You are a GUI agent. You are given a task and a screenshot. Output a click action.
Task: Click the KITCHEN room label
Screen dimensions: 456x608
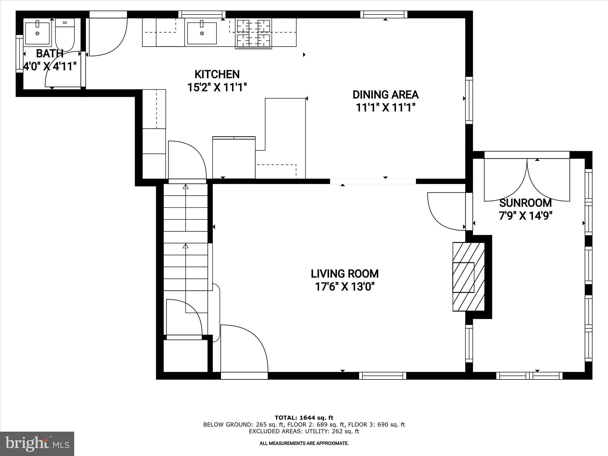(217, 74)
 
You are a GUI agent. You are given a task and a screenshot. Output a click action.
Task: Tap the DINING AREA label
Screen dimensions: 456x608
(385, 95)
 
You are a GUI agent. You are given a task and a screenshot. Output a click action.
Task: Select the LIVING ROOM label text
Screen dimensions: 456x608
(345, 274)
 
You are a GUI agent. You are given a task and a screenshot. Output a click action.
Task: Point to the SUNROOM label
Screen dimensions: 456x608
(525, 203)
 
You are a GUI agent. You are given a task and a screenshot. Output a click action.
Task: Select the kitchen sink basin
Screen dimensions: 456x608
(202, 33)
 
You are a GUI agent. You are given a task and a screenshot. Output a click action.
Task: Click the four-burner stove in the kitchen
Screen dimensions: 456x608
(254, 34)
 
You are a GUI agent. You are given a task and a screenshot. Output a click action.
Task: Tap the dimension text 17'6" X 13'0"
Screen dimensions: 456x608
(345, 287)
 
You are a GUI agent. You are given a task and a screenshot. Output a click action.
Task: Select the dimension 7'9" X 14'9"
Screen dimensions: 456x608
(525, 216)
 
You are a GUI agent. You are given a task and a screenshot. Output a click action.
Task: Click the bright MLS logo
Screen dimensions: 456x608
(37, 444)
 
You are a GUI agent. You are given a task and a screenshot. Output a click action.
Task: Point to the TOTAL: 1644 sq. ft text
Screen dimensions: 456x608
(304, 418)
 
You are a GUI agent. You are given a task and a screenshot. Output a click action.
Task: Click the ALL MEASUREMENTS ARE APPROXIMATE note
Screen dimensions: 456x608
(304, 443)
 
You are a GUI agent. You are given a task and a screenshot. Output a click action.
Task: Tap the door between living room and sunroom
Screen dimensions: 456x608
(445, 211)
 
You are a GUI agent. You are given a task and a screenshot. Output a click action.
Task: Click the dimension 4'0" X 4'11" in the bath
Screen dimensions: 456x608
(50, 66)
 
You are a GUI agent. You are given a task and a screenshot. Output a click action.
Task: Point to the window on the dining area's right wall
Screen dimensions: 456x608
(469, 100)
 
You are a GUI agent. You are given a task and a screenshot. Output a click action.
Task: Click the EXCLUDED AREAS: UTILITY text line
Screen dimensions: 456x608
(304, 431)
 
